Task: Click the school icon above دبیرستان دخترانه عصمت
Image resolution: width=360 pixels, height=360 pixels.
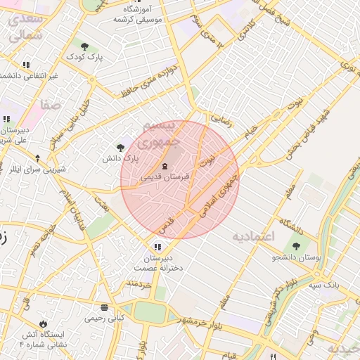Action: click(157, 246)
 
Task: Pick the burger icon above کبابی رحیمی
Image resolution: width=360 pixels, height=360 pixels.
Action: click(104, 307)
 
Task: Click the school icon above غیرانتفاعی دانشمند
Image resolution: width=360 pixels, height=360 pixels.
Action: click(26, 65)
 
